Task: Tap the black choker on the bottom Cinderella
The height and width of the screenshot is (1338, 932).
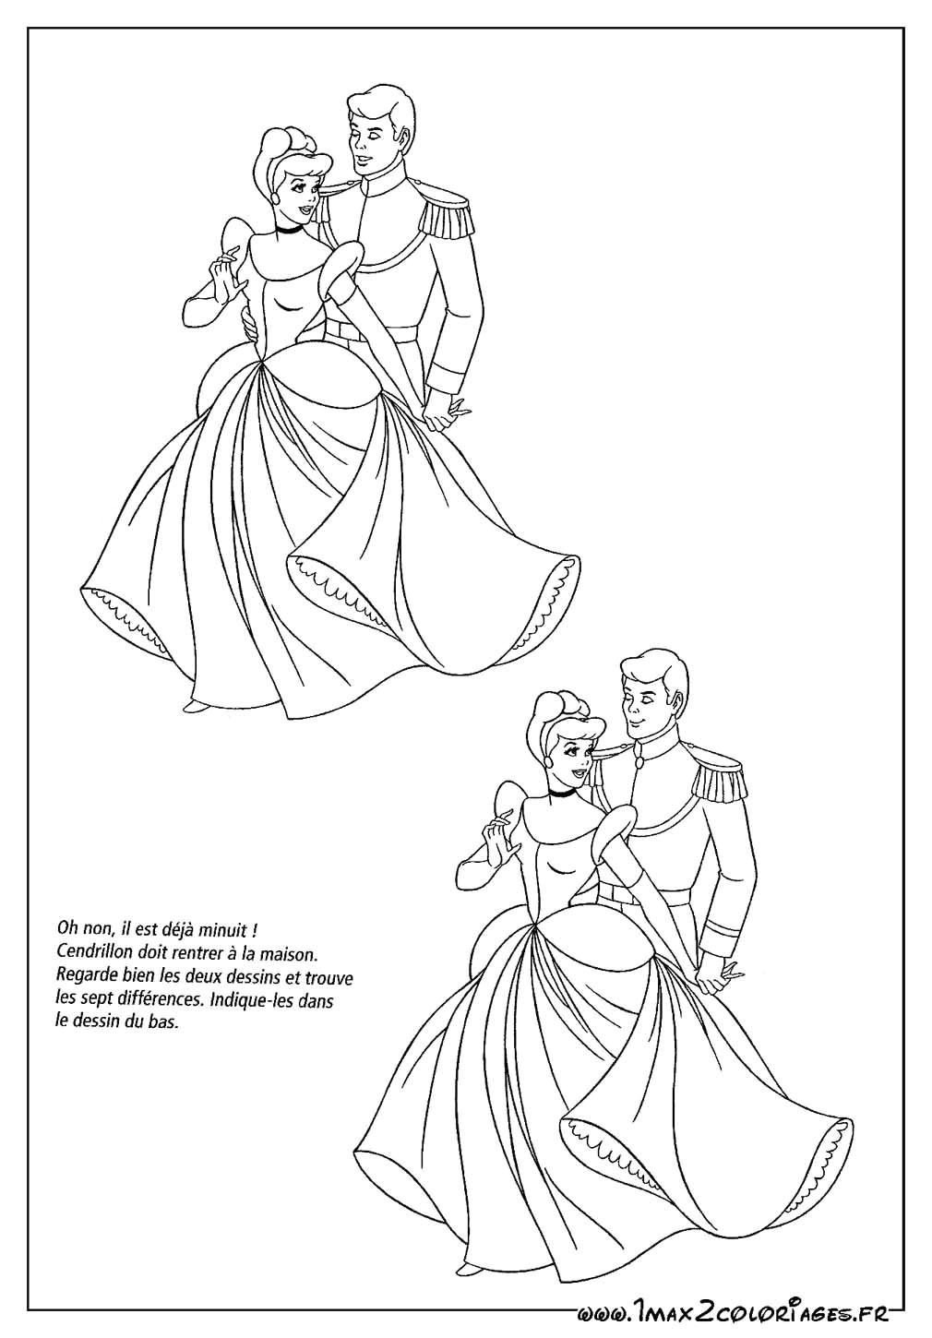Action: point(560,793)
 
